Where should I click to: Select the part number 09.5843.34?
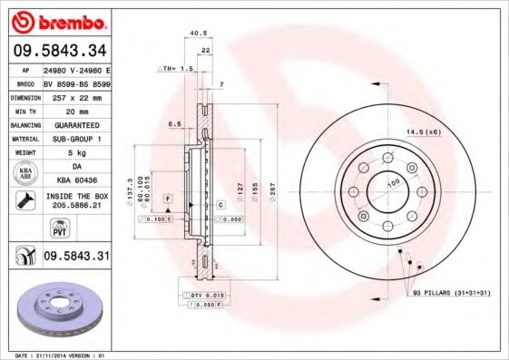(x=59, y=50)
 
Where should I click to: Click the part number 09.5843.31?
(x=77, y=257)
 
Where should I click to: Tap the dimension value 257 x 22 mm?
(x=75, y=95)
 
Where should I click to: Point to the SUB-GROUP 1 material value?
(x=75, y=138)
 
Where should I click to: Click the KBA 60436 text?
(x=75, y=180)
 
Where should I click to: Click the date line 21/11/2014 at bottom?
(x=54, y=355)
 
